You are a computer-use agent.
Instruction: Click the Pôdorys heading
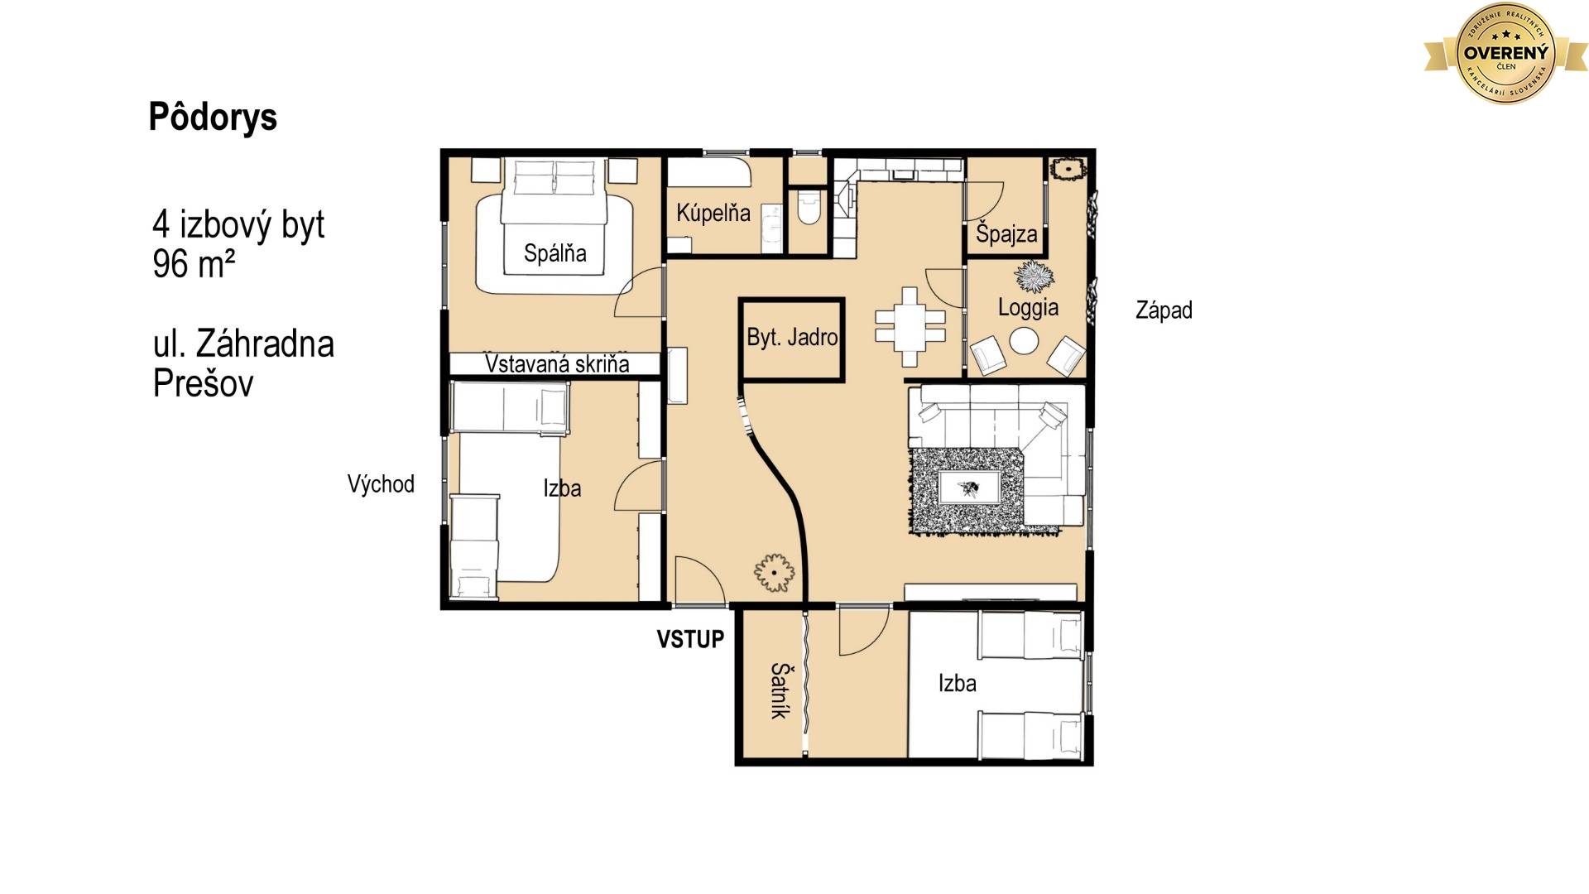click(213, 118)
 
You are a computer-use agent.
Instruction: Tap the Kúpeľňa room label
click(713, 213)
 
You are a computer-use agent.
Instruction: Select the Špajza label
click(1006, 234)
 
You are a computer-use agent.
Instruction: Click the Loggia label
click(1028, 308)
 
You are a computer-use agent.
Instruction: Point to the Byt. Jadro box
click(792, 339)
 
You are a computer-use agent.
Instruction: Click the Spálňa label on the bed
click(554, 253)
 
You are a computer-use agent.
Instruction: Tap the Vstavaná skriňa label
click(557, 364)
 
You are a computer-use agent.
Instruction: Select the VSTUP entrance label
click(690, 639)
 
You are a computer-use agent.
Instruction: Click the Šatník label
click(779, 690)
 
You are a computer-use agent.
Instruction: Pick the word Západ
click(1164, 310)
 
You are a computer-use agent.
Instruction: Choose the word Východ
click(381, 484)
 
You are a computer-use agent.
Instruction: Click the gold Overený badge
click(1506, 53)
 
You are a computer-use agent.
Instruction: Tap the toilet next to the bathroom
click(808, 207)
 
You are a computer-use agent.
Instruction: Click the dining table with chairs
click(910, 326)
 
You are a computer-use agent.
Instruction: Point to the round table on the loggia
click(1024, 341)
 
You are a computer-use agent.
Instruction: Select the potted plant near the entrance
click(775, 573)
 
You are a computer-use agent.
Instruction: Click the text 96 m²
click(194, 265)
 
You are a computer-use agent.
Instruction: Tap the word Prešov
click(203, 384)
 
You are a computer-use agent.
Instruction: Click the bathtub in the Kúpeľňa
click(709, 172)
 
